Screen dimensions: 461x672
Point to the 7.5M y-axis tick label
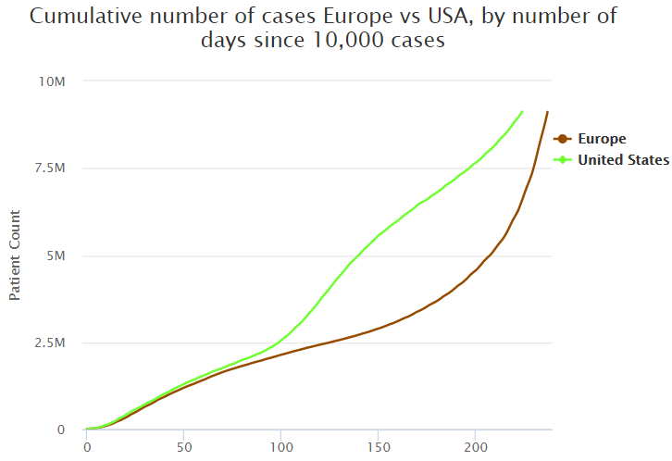[50, 168]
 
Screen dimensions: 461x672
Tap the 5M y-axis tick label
[56, 255]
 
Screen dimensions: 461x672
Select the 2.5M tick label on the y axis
[50, 343]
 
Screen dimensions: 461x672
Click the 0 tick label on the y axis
[61, 430]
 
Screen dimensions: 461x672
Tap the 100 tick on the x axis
[280, 446]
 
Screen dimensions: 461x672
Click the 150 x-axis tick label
[378, 446]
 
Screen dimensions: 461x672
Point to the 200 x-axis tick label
[475, 446]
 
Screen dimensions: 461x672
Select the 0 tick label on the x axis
[86, 446]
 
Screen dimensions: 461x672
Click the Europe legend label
[602, 139]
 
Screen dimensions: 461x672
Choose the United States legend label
[623, 160]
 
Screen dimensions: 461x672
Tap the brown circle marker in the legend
[561, 139]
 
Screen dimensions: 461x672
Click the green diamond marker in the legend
[561, 160]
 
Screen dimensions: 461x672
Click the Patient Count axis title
[15, 255]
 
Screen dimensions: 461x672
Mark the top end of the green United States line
[523, 111]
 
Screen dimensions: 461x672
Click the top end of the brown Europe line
[548, 112]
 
